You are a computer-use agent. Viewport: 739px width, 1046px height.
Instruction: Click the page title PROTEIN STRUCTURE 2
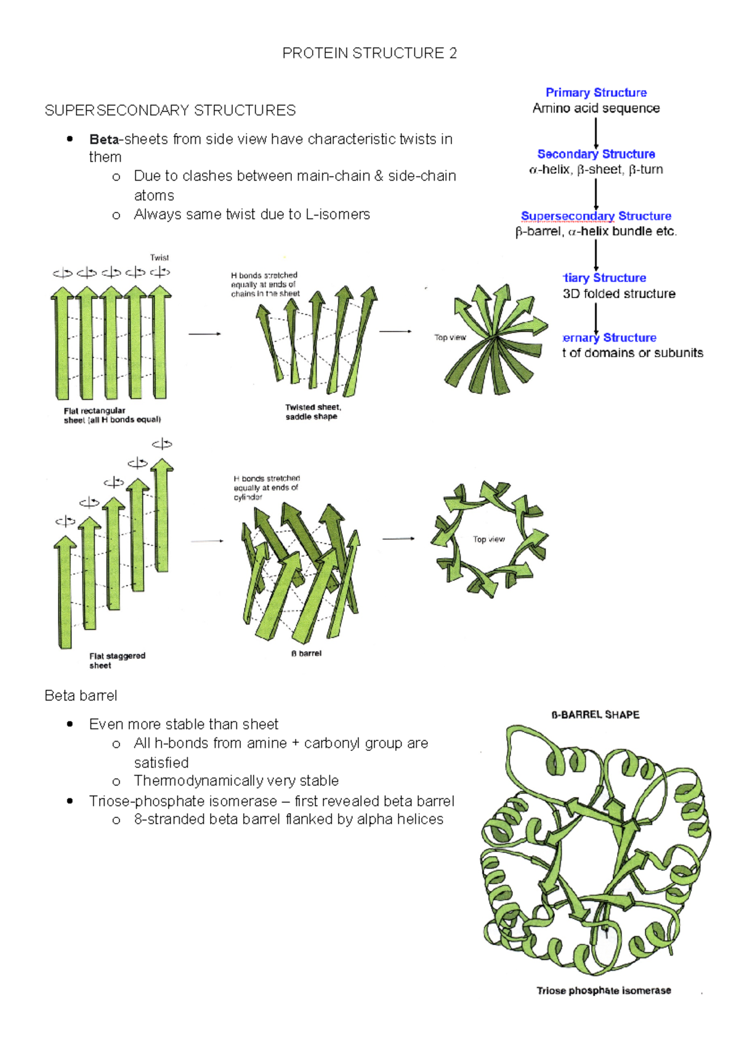tap(369, 54)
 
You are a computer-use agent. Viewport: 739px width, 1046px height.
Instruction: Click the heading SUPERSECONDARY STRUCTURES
tap(170, 110)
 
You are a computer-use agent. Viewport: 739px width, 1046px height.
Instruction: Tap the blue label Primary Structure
tap(596, 92)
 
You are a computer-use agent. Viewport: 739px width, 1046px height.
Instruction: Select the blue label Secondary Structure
tap(596, 154)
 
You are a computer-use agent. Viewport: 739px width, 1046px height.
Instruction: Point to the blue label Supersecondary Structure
tap(596, 216)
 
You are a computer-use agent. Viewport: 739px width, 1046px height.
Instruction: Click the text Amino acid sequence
tap(596, 108)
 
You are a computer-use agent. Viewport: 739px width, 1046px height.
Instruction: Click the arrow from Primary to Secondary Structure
tap(596, 132)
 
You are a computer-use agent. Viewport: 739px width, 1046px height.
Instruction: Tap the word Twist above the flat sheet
tap(159, 257)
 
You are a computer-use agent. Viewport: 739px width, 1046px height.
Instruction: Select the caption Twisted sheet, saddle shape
tap(312, 412)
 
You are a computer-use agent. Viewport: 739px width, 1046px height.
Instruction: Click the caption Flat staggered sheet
tap(116, 660)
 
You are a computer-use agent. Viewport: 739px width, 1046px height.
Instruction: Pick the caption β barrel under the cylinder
tap(306, 653)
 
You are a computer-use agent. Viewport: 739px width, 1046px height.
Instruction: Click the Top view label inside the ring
tap(488, 539)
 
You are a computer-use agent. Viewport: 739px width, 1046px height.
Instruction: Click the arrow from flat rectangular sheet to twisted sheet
tap(204, 334)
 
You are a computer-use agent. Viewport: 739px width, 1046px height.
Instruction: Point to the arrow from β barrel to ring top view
tap(398, 539)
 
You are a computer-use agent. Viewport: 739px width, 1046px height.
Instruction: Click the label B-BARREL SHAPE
tap(595, 715)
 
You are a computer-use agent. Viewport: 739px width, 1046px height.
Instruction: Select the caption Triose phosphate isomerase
tap(603, 991)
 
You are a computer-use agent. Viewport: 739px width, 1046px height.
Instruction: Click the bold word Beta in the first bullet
tap(103, 139)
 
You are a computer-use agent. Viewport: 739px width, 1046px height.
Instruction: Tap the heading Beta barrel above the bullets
tap(81, 695)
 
